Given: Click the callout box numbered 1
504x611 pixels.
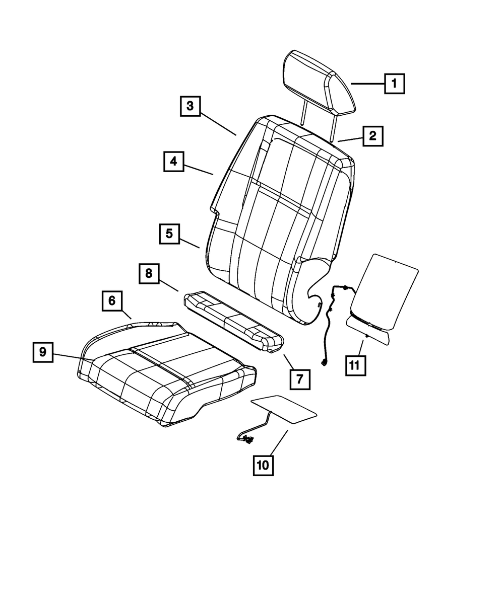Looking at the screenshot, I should pos(394,84).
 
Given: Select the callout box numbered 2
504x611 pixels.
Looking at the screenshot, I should pos(372,135).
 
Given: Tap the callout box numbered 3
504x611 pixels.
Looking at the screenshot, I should pos(190,106).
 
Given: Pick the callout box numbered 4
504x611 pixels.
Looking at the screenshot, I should pos(173,162).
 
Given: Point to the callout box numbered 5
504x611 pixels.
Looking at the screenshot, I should pos(169,234).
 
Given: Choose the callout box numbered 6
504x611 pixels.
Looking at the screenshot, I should pos(111,301).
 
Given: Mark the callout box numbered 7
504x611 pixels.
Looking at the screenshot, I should pos(300,379).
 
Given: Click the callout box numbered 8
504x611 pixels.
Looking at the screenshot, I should pos(149,274).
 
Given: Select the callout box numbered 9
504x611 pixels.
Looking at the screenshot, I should pos(43,352).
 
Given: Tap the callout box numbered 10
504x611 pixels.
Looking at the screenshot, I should pos(263,465).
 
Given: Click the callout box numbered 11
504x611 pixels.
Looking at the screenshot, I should pos(355,365).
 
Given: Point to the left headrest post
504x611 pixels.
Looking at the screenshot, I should pos(302,112).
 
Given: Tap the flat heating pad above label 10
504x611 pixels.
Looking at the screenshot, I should pos(284,408).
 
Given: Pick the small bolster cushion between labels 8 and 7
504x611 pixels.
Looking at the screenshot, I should pos(231,320).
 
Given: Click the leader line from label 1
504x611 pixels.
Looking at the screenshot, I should pos(367,84).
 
